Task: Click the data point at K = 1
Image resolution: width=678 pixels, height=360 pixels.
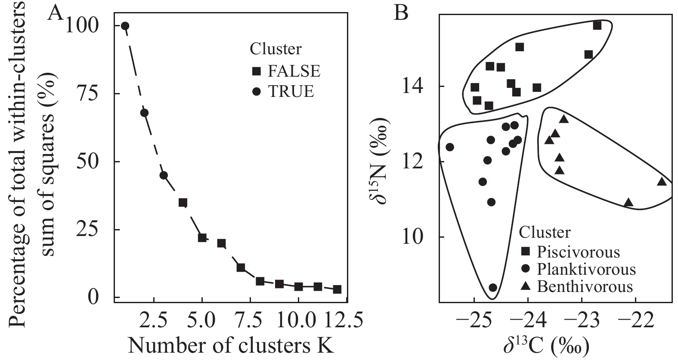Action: pyautogui.click(x=125, y=26)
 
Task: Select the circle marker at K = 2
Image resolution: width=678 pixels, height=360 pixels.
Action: pyautogui.click(x=145, y=113)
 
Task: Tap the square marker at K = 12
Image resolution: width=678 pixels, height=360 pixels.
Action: pyautogui.click(x=337, y=289)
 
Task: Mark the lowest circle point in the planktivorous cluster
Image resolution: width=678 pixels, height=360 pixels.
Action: pyautogui.click(x=493, y=287)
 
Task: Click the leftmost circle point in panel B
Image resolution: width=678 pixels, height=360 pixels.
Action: pyautogui.click(x=450, y=147)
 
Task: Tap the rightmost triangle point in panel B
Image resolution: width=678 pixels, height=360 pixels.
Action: pyautogui.click(x=662, y=182)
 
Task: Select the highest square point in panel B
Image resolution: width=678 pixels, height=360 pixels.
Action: pyautogui.click(x=597, y=25)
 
